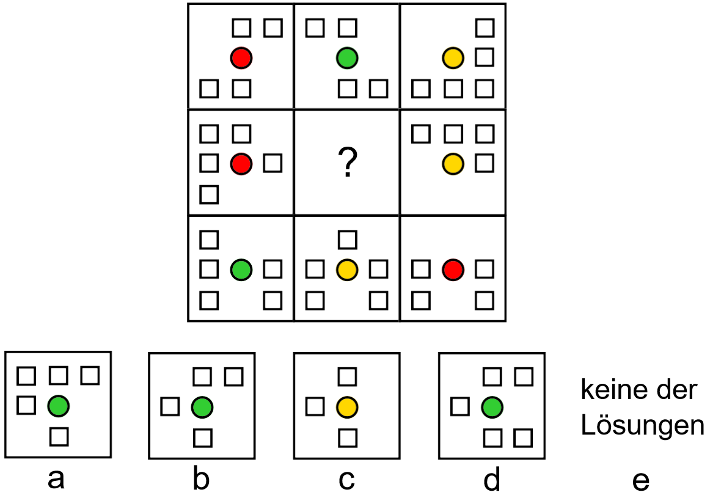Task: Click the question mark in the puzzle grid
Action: point(347,164)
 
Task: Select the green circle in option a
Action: point(58,405)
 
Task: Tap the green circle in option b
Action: point(202,406)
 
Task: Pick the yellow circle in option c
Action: point(347,406)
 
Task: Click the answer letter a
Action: point(56,480)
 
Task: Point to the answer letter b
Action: point(201,480)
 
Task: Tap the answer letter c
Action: point(346,480)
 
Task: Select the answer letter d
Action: point(491,480)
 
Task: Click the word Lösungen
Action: point(642,426)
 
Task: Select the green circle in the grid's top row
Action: point(347,58)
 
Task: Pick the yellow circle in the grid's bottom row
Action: point(347,269)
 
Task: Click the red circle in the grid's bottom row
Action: point(453,269)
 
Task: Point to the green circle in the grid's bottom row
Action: point(241,269)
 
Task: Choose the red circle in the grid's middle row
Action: point(241,163)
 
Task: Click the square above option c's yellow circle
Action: point(347,376)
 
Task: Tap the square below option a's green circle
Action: point(58,436)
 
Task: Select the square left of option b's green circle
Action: point(170,406)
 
